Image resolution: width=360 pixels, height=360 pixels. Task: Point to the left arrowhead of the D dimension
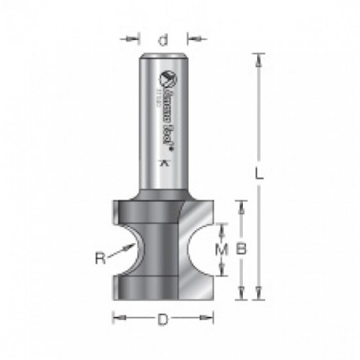point(118,318)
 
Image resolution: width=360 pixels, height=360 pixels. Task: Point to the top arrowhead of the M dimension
point(223,227)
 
